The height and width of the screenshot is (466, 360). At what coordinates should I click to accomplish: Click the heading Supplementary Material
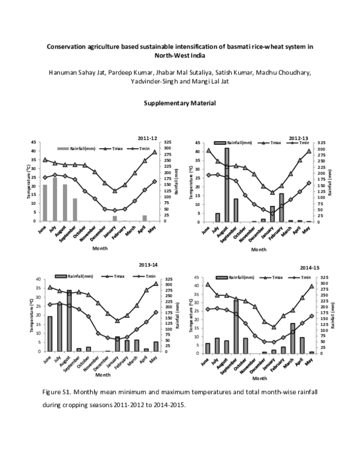[x=179, y=103]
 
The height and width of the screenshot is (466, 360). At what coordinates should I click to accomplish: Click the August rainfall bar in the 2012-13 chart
[x=227, y=184]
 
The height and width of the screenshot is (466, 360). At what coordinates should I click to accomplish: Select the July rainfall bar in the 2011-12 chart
[x=55, y=199]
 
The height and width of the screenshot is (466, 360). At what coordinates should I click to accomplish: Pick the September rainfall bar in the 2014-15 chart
[x=236, y=327]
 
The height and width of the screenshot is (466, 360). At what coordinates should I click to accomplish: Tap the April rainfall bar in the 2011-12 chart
[x=145, y=218]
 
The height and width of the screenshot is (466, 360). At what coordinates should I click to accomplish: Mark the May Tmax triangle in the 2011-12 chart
[x=154, y=152]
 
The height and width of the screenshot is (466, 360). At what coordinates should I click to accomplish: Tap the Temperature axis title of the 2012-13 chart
[x=191, y=183]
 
